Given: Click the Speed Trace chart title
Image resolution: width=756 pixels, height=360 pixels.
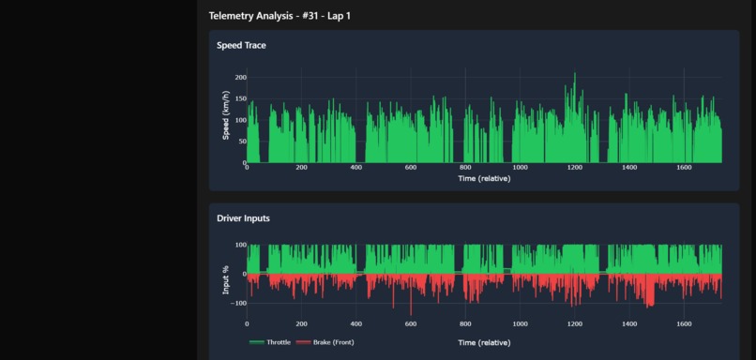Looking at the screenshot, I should tap(241, 45).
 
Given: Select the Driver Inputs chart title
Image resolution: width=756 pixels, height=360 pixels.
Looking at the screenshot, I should tap(243, 218).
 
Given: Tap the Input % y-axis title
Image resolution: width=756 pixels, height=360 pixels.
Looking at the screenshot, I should tap(225, 279).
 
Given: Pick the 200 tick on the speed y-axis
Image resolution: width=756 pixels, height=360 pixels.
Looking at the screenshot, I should tap(240, 78).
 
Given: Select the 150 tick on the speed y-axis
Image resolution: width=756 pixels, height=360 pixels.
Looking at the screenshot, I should tap(240, 98).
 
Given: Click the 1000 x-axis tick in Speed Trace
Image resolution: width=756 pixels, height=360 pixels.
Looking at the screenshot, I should tap(520, 168).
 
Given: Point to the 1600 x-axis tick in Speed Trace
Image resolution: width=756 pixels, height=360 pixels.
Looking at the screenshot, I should tap(683, 168).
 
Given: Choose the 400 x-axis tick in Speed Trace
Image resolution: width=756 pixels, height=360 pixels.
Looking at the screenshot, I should tap(355, 168).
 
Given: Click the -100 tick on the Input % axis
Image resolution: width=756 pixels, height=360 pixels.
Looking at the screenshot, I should tap(238, 304).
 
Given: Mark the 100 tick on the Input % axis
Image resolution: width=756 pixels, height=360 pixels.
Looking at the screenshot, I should tap(240, 246).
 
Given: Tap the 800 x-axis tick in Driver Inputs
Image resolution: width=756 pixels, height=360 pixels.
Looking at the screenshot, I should tap(465, 324).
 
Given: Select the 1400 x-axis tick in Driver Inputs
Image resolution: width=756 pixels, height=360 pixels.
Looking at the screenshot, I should tap(628, 324).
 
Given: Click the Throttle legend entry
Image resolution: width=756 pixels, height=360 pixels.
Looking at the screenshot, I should tap(270, 343).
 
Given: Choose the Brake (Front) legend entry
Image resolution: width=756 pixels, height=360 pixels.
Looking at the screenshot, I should tap(325, 343).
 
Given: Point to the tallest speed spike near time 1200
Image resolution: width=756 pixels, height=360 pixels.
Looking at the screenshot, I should tap(575, 75).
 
